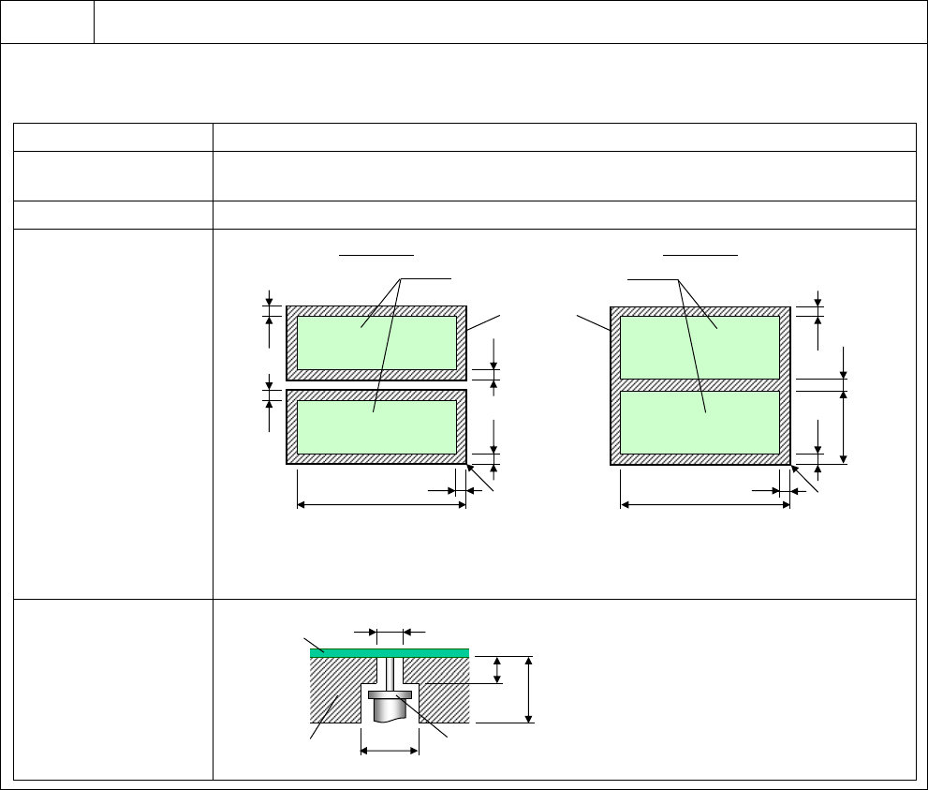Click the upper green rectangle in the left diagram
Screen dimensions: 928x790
[x=376, y=342]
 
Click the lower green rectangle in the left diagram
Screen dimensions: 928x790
[x=376, y=426]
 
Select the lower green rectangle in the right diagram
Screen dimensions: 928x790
[x=700, y=422]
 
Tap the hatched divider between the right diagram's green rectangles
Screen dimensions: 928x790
[x=700, y=384]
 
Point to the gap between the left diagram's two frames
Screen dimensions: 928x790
[x=376, y=385]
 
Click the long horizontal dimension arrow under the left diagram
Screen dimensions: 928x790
[x=381, y=506]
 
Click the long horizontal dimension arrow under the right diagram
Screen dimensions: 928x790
[x=705, y=506]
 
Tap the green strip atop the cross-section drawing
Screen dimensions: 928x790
[x=389, y=652]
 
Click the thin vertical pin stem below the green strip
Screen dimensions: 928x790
[x=390, y=673]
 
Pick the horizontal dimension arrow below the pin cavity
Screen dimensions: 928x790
[x=390, y=750]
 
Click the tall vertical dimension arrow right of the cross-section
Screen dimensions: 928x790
[x=530, y=690]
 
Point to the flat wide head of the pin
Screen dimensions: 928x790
[x=390, y=694]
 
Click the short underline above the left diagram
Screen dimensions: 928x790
[x=376, y=253]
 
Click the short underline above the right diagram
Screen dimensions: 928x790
[x=700, y=253]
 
